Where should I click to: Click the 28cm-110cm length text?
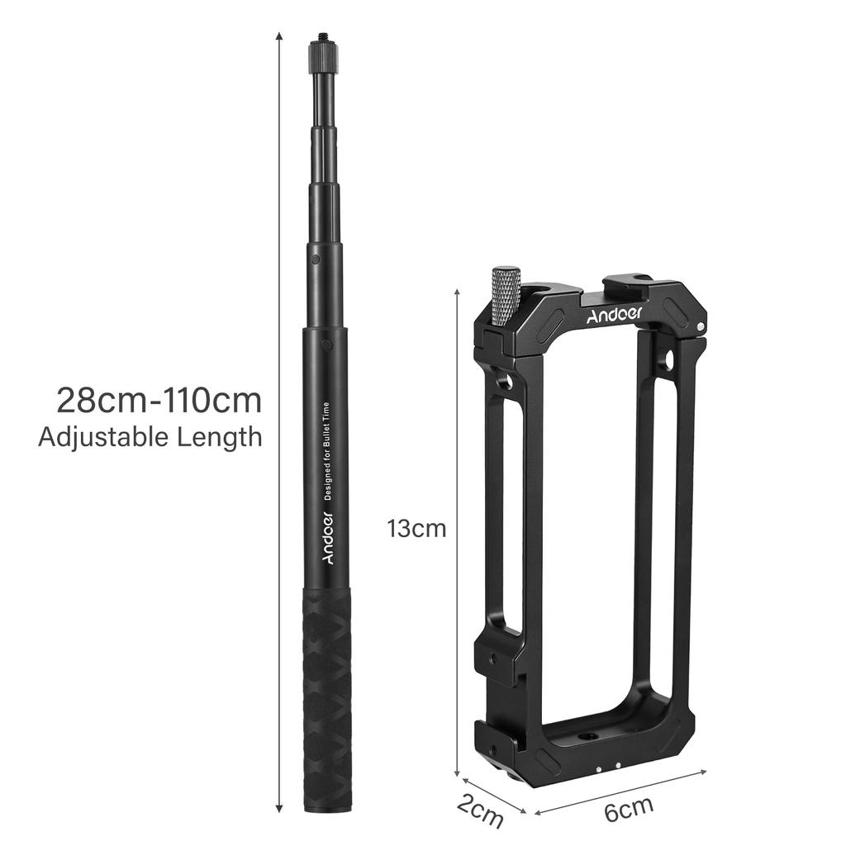point(159,400)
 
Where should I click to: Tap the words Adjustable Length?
point(150,436)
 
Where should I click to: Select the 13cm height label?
point(416,529)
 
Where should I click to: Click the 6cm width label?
point(629,810)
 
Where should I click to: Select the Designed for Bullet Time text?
point(327,450)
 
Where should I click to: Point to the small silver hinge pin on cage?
point(701,326)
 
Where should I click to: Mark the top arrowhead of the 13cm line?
point(458,292)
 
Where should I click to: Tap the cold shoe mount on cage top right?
point(628,285)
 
